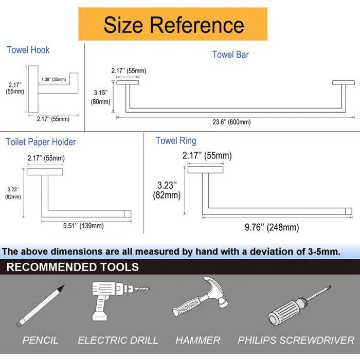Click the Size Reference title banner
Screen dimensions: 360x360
point(173,24)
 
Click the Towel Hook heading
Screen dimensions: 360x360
point(28,50)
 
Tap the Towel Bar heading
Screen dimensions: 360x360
point(230,55)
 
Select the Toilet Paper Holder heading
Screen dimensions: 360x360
point(41,142)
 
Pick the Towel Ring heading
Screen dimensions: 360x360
point(176,140)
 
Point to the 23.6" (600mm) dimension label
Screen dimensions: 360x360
point(231,122)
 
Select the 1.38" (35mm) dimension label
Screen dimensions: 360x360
point(54,79)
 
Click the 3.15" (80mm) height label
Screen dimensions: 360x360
point(102,97)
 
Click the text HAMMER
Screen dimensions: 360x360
point(197,340)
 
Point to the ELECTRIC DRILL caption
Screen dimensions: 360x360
point(118,340)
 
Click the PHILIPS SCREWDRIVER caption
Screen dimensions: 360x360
point(296,340)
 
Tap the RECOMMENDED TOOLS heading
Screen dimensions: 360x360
point(73,267)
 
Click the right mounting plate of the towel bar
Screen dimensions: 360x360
point(343,82)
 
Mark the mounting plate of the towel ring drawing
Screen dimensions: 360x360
point(205,169)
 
